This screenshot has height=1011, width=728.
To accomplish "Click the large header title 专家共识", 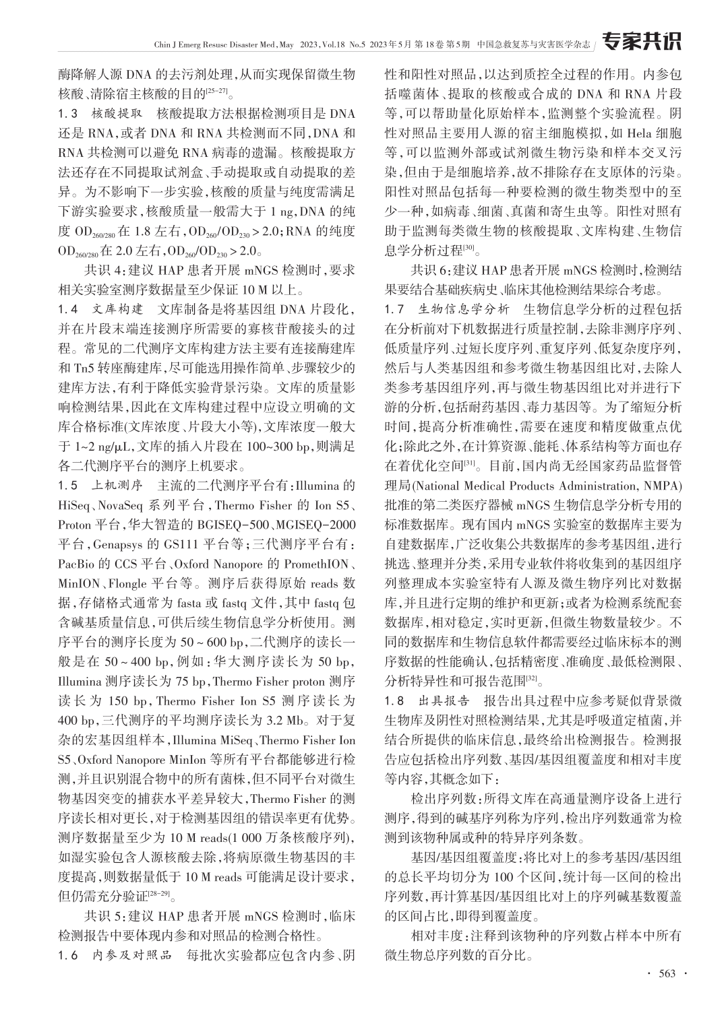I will tap(641, 42).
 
